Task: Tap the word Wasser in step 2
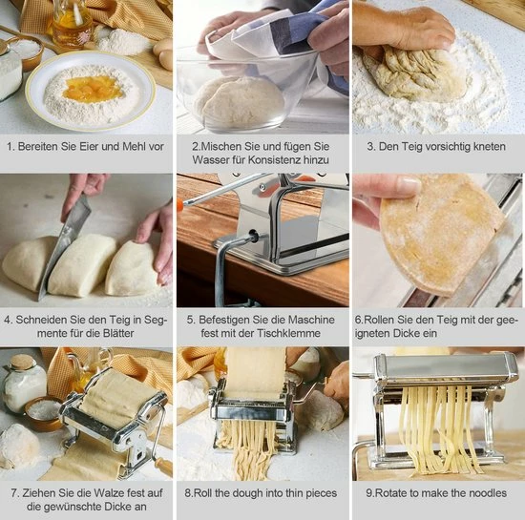[x=208, y=160]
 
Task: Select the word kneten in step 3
[x=489, y=147]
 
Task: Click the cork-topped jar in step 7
[x=24, y=384]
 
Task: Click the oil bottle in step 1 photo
[x=72, y=25]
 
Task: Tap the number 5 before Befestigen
[x=190, y=320]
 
